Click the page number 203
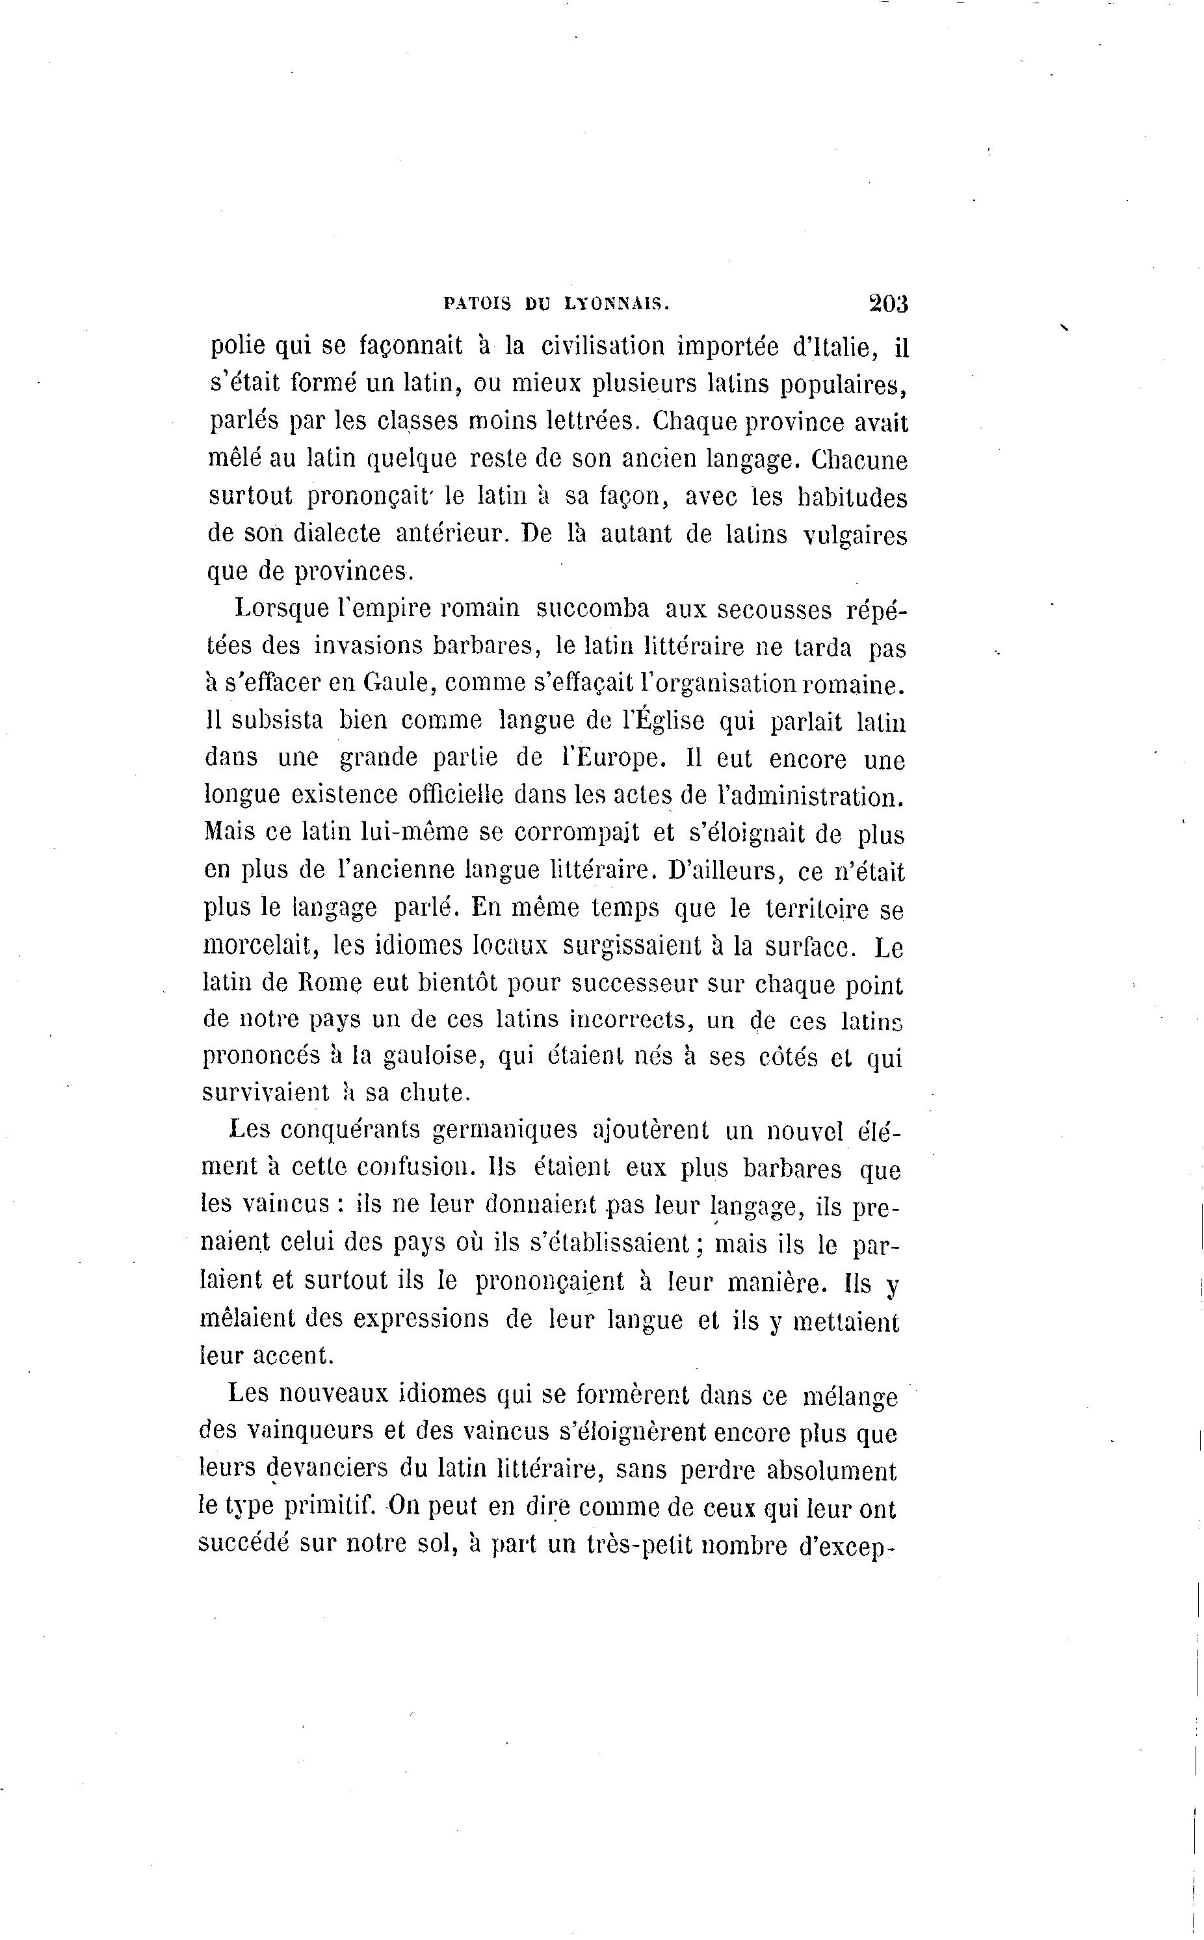[888, 304]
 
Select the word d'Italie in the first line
[835, 347]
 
